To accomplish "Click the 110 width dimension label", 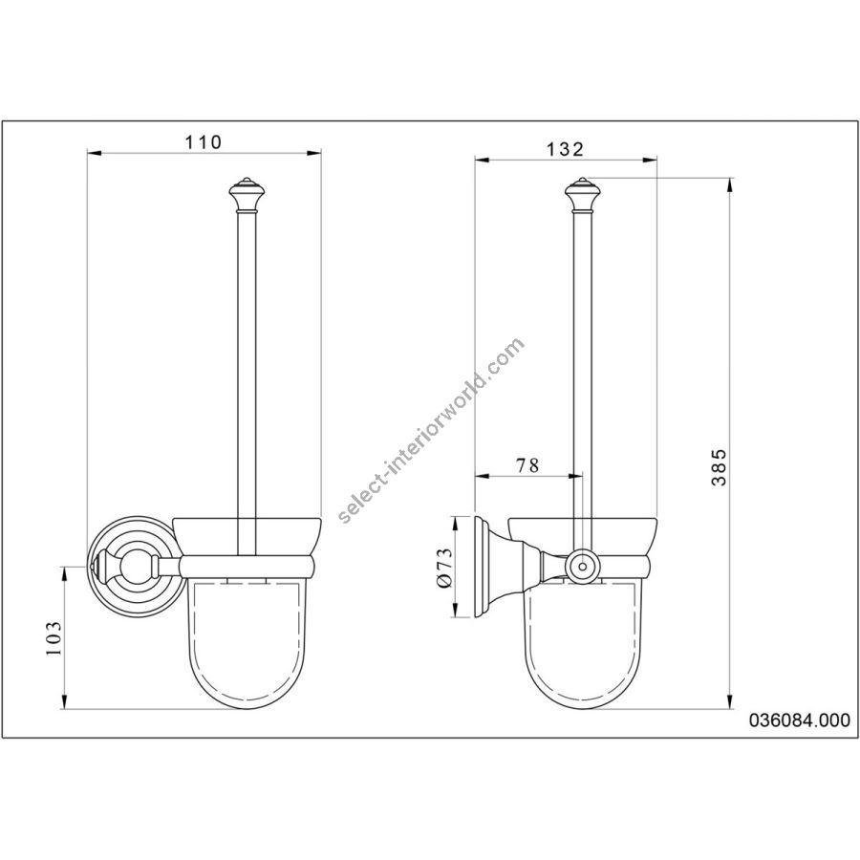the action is (203, 142).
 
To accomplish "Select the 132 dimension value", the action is (566, 149).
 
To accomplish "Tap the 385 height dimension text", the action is (719, 467).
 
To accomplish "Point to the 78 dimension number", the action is (527, 465).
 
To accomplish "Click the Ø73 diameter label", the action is (444, 568).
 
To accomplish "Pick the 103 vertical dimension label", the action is (54, 638).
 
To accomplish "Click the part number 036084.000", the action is (799, 720).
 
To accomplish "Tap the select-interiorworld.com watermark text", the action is (432, 431).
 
